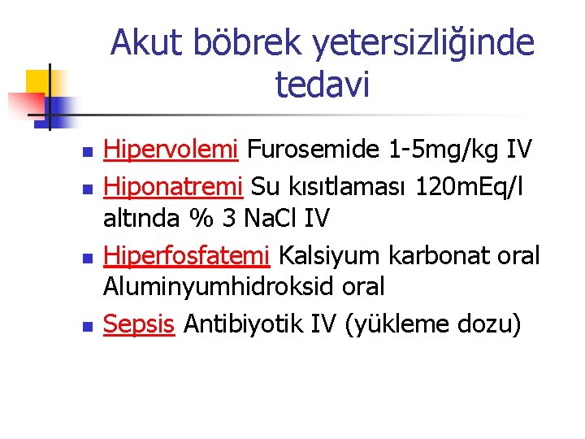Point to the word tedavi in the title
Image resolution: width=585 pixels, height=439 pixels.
click(x=323, y=83)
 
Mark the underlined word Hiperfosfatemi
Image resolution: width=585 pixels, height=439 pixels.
click(x=187, y=254)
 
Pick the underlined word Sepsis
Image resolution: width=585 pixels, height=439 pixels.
click(x=139, y=324)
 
